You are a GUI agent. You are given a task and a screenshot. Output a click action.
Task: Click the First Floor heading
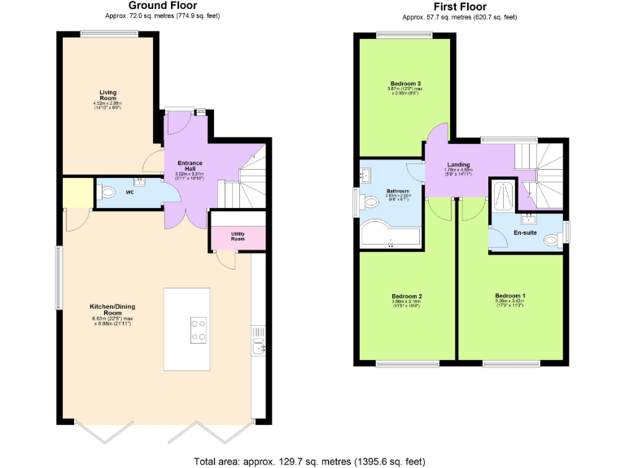click(x=459, y=6)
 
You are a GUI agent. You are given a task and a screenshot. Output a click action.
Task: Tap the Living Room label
click(x=107, y=95)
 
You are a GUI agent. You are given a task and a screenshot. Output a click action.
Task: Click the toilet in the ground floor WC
click(x=107, y=193)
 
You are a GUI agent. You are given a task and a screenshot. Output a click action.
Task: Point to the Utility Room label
click(x=238, y=236)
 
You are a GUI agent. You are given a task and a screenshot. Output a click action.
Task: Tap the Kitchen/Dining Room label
click(x=107, y=310)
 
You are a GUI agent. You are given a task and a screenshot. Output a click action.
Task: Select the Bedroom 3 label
click(x=405, y=84)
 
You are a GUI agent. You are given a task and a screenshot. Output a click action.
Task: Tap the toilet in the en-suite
click(x=553, y=238)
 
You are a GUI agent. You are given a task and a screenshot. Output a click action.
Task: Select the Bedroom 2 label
click(x=406, y=296)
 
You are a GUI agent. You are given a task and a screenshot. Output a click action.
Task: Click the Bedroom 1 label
click(x=511, y=296)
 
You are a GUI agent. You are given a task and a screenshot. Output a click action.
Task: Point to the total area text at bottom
click(x=309, y=461)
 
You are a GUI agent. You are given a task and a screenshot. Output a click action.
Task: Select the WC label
click(x=129, y=193)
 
